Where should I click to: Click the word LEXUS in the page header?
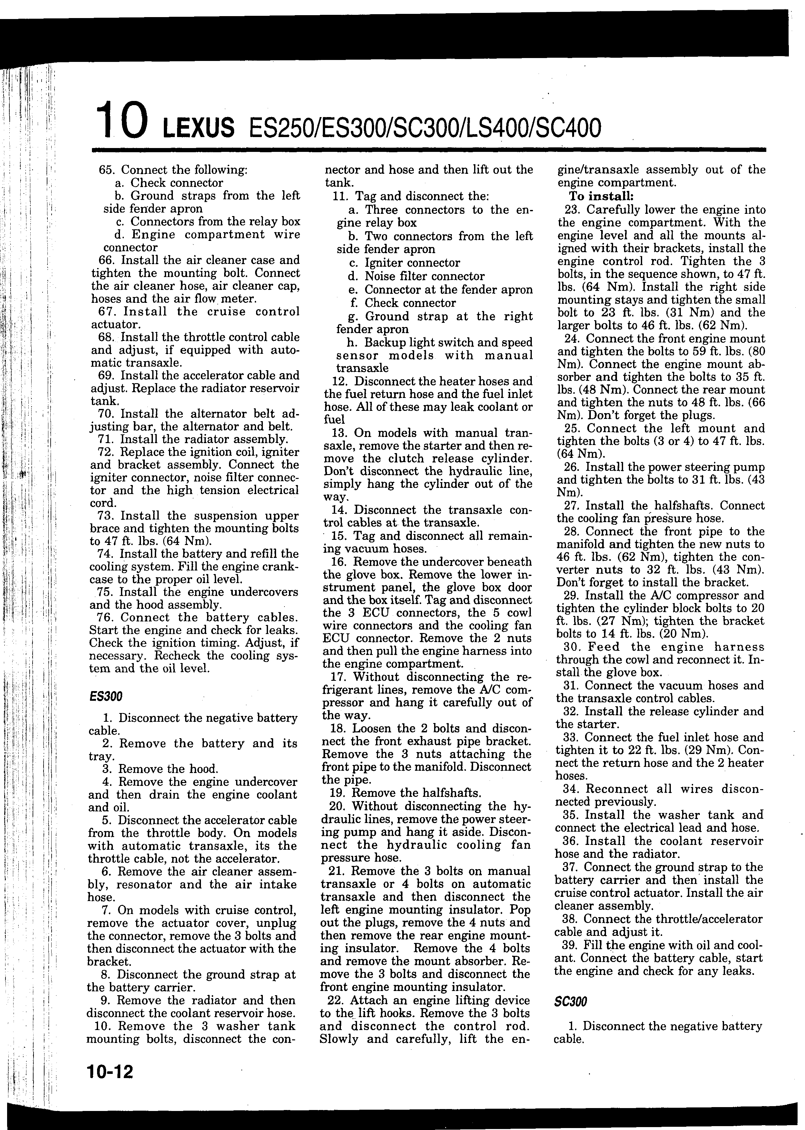pyautogui.click(x=198, y=129)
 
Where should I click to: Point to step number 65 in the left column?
pyautogui.click(x=106, y=170)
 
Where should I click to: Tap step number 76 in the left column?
pyautogui.click(x=105, y=618)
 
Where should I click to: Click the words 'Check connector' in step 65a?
pyautogui.click(x=177, y=183)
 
